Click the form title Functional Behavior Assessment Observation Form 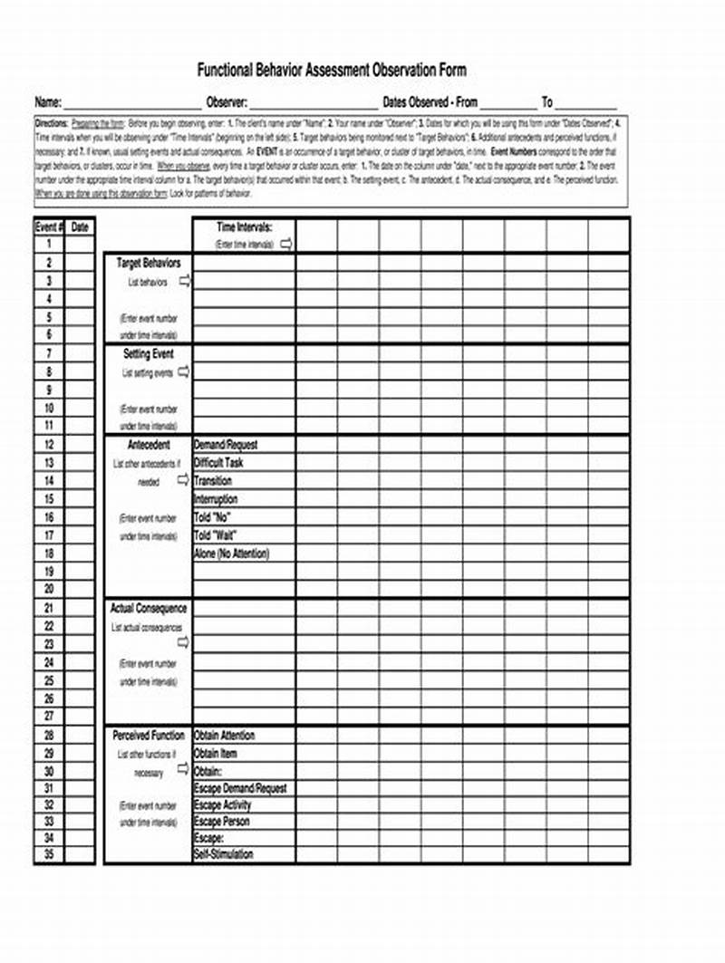[x=332, y=71]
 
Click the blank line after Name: [x=132, y=104]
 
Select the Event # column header [x=48, y=227]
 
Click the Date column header [x=80, y=227]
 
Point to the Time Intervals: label [x=244, y=228]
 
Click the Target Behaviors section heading [x=149, y=263]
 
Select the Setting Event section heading [x=149, y=354]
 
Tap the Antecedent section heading [x=149, y=445]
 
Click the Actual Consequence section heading [x=149, y=609]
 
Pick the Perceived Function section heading [x=149, y=736]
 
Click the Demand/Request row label [x=226, y=445]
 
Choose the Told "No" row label [x=213, y=517]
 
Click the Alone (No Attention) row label [x=231, y=554]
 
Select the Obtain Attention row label [x=225, y=736]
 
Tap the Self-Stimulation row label [x=224, y=854]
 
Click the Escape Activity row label [x=223, y=805]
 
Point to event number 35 [x=49, y=854]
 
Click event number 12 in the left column [x=49, y=445]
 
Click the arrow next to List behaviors [x=185, y=282]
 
